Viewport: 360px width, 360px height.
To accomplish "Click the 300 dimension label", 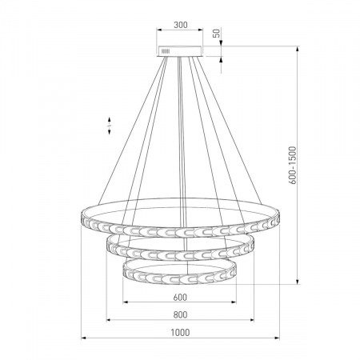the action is click(181, 25).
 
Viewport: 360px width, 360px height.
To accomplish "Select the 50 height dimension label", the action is click(218, 33).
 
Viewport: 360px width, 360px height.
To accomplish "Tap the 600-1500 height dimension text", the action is click(293, 166).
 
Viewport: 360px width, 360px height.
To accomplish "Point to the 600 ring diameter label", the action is click(180, 297).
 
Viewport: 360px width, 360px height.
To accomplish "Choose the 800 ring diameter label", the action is click(180, 314).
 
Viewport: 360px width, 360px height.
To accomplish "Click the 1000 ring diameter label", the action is click(180, 333).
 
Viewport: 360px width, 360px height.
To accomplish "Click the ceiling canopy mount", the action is click(180, 51).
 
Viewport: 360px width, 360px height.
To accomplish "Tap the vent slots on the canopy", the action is click(166, 51).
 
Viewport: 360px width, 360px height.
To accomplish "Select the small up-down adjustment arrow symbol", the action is click(110, 126).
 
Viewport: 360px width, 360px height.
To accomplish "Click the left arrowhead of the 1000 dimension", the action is click(83, 338).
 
